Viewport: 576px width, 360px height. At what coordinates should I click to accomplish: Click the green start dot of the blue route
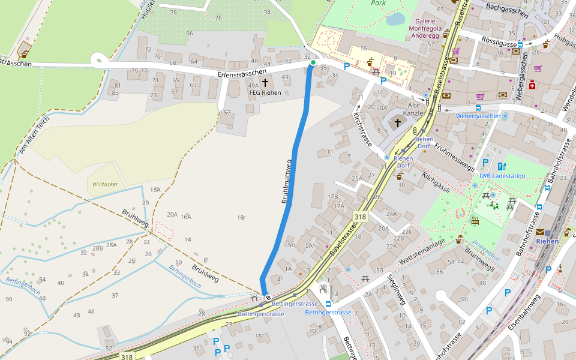313,62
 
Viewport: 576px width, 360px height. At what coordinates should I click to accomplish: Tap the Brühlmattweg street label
287,181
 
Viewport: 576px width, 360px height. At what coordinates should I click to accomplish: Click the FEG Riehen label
265,92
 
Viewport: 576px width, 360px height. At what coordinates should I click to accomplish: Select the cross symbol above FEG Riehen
265,82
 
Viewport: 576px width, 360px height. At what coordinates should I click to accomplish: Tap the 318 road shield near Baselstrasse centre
360,217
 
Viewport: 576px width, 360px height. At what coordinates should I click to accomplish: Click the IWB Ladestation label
502,176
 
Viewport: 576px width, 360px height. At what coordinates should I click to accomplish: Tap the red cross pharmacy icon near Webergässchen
532,86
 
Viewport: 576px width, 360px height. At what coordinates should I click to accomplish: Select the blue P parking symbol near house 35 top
346,66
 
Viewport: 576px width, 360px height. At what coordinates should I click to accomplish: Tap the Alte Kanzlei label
414,109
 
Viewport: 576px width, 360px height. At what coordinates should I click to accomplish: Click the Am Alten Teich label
34,135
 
